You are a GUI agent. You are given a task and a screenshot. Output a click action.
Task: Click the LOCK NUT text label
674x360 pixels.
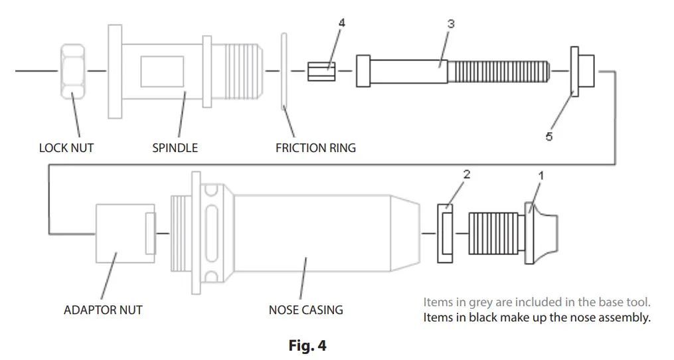[66, 147]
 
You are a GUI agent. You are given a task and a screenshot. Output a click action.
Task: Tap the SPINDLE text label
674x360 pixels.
[175, 147]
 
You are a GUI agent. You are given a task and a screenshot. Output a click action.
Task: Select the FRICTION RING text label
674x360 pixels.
[315, 147]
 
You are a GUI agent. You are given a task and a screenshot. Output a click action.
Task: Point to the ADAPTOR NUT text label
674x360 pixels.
[103, 310]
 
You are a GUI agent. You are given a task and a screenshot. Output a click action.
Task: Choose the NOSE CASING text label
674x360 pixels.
[305, 310]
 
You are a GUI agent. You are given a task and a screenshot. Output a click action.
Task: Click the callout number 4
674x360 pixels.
[341, 23]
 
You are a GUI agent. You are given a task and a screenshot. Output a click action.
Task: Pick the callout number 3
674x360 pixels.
[451, 23]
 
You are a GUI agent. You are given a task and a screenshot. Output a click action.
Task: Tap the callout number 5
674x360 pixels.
[549, 136]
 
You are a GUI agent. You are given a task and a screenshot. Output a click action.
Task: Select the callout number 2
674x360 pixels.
[466, 175]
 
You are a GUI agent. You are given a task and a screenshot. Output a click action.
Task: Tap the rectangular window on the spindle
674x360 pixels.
[162, 70]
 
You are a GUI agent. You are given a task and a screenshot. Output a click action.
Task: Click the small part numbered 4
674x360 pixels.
[321, 70]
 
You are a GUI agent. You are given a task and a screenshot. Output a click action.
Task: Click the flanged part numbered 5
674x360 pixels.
[582, 69]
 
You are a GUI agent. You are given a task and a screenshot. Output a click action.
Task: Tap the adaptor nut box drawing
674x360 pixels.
[120, 232]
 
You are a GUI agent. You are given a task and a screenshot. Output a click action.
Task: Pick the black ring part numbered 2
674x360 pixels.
[446, 232]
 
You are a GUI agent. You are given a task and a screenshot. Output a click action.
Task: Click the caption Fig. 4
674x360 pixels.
[307, 345]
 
